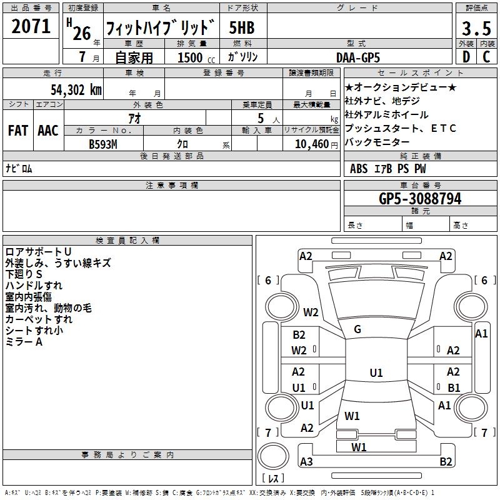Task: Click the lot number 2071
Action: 31,27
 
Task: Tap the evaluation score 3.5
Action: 476,29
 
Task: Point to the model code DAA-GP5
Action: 358,56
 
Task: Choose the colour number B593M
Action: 103,144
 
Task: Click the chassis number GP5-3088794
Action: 420,199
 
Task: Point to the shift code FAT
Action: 17,131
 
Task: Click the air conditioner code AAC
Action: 48,131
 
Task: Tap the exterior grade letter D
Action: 466,57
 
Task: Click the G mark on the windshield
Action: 357,329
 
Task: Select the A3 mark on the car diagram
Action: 306,462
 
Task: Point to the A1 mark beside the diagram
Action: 481,334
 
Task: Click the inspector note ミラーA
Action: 24,342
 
